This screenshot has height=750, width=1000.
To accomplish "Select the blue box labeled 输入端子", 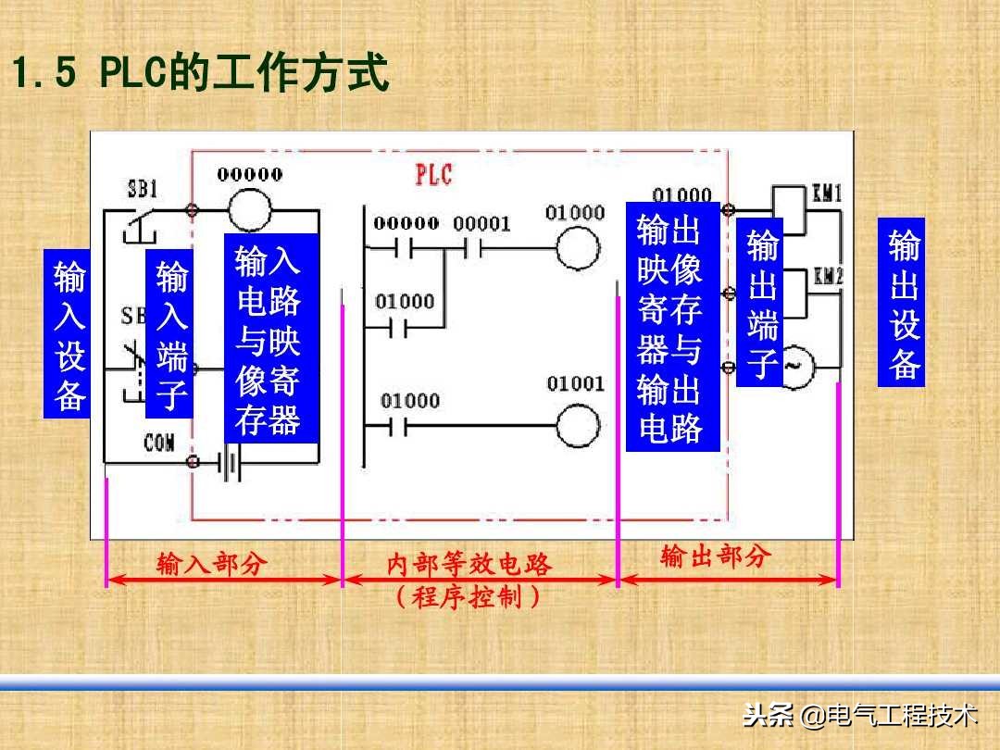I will (170, 334).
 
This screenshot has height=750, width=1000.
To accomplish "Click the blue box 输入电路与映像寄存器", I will (270, 339).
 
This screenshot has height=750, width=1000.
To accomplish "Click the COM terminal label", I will (158, 444).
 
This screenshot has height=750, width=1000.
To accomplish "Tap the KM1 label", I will (827, 195).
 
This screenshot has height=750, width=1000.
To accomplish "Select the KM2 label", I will (827, 276).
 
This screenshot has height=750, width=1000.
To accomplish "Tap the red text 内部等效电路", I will (469, 565).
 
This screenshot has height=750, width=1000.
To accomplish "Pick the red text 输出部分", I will (715, 556).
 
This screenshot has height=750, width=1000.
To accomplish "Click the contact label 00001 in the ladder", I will (481, 225).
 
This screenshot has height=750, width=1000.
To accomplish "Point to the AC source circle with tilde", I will (794, 366).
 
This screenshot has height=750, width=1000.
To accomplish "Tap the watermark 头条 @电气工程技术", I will (859, 716).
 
